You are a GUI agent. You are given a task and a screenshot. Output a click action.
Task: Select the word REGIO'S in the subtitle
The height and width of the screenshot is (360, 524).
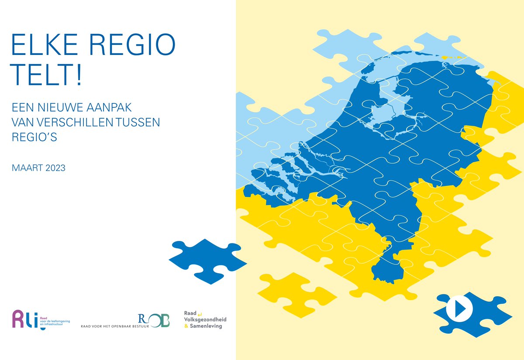tap(34, 137)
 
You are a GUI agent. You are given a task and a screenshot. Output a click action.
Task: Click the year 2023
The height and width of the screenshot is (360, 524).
tap(55, 168)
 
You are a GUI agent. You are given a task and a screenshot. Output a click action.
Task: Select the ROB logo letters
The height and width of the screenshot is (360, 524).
tap(154, 320)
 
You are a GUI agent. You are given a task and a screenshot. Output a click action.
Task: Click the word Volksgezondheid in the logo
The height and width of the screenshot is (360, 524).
tap(205, 319)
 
